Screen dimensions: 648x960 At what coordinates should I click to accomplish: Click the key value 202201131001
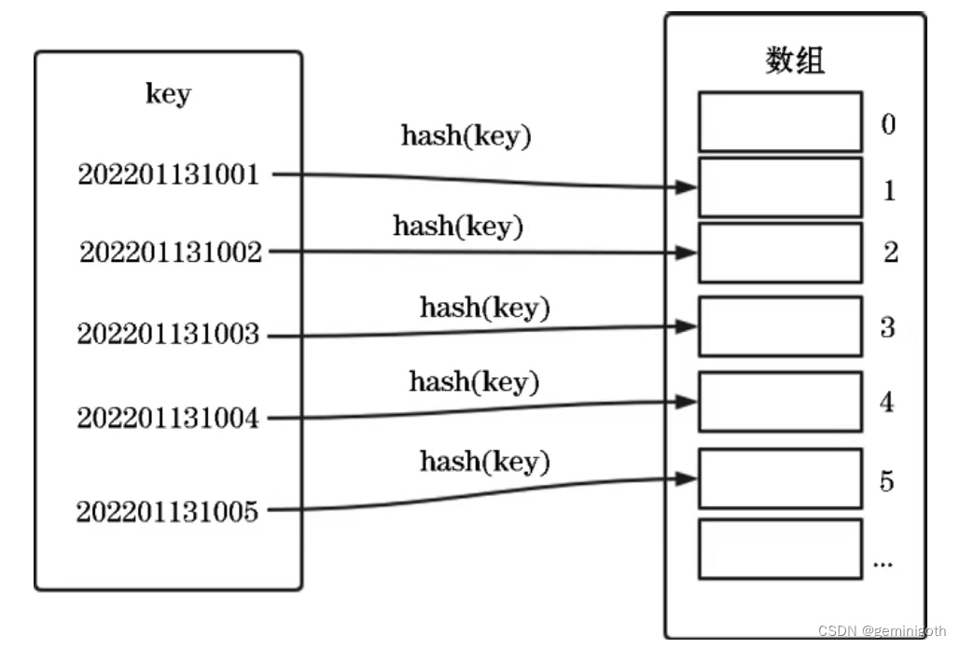tap(169, 174)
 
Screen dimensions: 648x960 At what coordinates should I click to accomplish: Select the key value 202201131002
tap(171, 252)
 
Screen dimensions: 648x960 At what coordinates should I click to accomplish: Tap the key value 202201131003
tap(168, 334)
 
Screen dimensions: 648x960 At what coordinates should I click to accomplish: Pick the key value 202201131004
tap(168, 418)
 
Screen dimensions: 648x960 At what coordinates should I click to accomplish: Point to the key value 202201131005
tap(168, 511)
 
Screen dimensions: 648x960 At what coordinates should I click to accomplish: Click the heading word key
tap(168, 94)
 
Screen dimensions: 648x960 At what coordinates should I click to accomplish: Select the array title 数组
tap(795, 61)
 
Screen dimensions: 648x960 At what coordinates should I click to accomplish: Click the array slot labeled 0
tap(780, 121)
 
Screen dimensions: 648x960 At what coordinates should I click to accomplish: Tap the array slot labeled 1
tap(780, 187)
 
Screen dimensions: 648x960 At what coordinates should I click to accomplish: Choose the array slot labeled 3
tap(780, 326)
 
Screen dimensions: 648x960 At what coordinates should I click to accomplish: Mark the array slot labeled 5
tap(780, 478)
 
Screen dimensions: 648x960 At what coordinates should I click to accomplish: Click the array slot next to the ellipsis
tap(780, 549)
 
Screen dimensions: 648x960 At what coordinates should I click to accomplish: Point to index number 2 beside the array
tap(890, 253)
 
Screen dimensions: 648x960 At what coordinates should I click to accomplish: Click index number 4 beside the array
tap(887, 402)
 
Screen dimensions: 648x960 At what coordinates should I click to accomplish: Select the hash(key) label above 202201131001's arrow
tap(466, 135)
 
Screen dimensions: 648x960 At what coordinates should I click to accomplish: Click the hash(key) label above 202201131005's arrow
tap(484, 461)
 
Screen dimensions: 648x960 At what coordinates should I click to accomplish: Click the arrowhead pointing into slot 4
tap(687, 402)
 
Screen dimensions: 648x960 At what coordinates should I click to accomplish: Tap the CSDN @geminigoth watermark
tap(882, 631)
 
